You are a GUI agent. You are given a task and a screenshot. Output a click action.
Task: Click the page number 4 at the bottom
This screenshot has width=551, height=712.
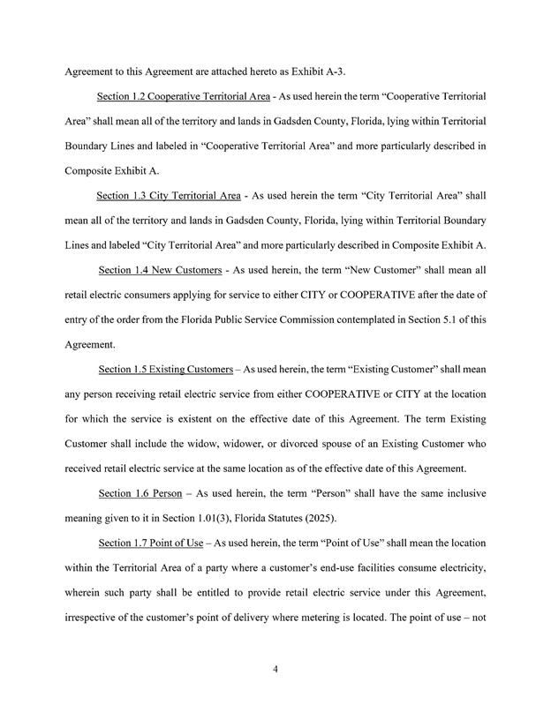[x=275, y=670]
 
